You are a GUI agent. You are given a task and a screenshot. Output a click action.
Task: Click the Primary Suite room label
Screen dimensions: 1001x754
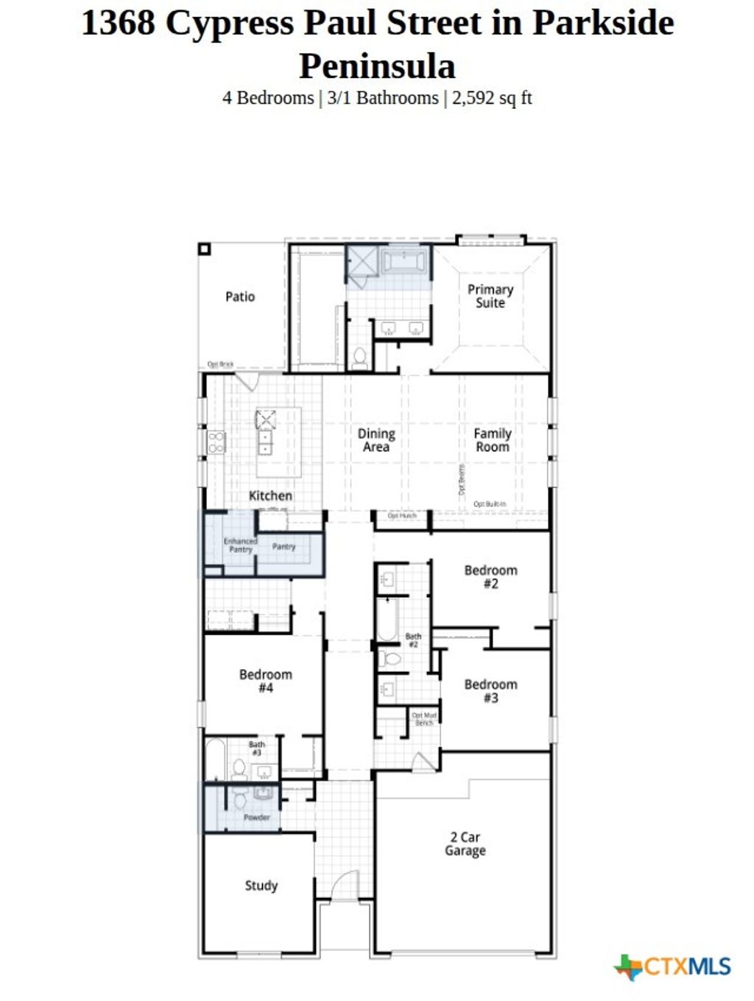click(x=490, y=296)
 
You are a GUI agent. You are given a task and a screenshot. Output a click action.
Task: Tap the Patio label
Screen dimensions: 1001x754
click(x=240, y=297)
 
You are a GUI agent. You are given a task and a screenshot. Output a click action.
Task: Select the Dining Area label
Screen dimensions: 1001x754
click(x=376, y=440)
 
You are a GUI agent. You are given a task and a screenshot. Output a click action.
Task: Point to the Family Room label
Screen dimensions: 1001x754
click(x=493, y=440)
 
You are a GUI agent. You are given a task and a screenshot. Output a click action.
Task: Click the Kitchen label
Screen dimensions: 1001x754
click(x=270, y=495)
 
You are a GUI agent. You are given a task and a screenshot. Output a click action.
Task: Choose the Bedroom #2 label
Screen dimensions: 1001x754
click(x=490, y=576)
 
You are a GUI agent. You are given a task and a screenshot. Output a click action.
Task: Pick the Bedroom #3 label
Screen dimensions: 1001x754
click(x=490, y=690)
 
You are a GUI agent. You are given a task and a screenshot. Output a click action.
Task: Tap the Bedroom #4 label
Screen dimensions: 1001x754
click(x=265, y=681)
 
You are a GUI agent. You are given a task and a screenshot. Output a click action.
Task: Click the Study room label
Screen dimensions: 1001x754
click(x=261, y=885)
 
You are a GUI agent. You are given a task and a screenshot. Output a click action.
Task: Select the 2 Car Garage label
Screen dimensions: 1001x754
click(x=465, y=843)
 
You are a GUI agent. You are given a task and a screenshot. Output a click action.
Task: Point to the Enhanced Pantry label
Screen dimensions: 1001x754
click(x=240, y=545)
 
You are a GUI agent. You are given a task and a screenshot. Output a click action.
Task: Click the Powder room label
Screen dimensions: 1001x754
click(x=257, y=817)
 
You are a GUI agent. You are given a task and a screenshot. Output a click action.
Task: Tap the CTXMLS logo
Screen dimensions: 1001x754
click(x=673, y=966)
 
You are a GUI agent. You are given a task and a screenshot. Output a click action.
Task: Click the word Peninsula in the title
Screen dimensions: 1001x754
click(x=377, y=66)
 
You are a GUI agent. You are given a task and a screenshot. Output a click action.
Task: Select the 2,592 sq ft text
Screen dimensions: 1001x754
click(x=492, y=98)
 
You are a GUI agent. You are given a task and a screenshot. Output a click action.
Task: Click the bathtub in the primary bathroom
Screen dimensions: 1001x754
click(x=404, y=262)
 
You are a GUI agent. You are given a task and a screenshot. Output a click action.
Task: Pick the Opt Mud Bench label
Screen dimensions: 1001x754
click(x=424, y=719)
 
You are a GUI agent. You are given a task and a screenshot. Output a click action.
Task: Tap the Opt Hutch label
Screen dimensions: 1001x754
click(x=402, y=516)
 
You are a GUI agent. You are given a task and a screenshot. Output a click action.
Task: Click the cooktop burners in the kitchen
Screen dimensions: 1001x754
click(x=216, y=442)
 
